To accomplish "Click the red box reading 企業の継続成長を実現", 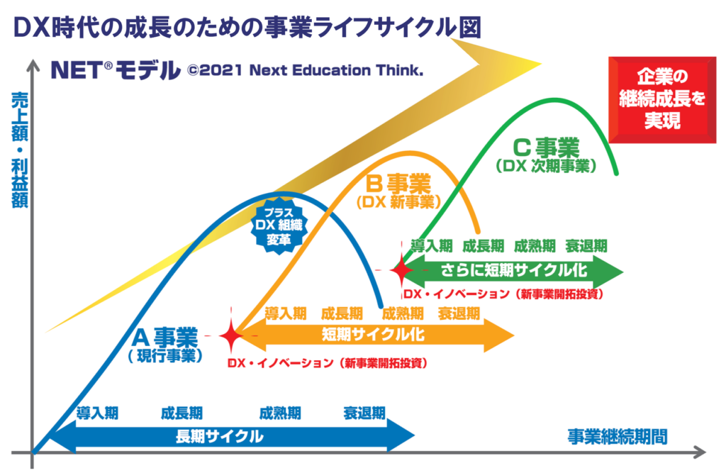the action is pos(662,99).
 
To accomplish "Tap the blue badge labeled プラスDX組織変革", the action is pos(279,226).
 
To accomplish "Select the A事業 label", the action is pos(164,338).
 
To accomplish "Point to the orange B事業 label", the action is pos(398,184).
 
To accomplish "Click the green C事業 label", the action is pos(546,148).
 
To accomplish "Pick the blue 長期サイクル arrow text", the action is pos(220,436).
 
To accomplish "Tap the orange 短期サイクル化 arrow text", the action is pos(373,334).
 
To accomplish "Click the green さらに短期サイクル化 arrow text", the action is pos(513,269).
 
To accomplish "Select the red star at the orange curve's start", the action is pos(231,335).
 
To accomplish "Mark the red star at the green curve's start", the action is pos(401,270).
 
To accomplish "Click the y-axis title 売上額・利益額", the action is pos(19,150).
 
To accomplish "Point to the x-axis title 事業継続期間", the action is pos(618,436).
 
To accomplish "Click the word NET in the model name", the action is pos(77,70).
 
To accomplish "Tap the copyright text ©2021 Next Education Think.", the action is pos(305,70).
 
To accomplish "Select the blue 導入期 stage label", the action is pos(98,413).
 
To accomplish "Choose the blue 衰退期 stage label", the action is pos(364,413).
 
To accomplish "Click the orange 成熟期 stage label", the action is pos(403,313).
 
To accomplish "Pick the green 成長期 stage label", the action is pos(484,246).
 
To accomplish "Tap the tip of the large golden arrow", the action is pos(541,64).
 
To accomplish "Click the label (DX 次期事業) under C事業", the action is pos(546,166).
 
